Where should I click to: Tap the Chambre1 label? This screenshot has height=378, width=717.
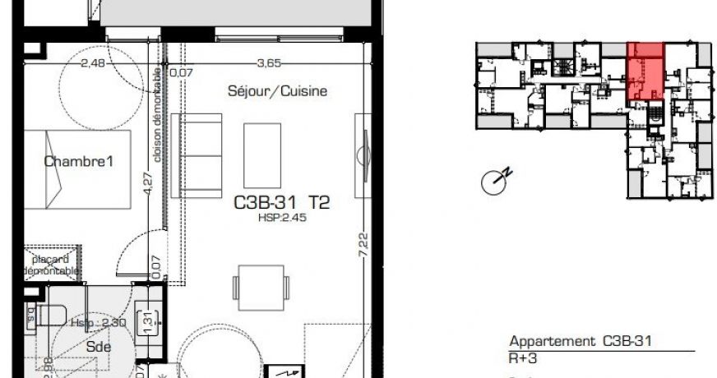click(x=78, y=162)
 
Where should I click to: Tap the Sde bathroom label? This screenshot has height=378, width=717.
click(x=98, y=346)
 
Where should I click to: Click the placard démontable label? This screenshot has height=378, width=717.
click(x=51, y=265)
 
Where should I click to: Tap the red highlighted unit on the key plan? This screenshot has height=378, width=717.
click(x=645, y=72)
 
